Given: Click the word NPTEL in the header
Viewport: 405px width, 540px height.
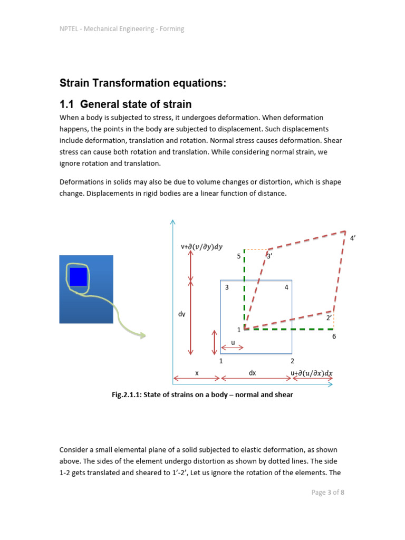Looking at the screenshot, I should pos(68,29).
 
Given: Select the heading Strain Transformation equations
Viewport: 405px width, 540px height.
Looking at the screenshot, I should pos(143,83).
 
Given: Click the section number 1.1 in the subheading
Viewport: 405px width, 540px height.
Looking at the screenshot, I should pos(67,104).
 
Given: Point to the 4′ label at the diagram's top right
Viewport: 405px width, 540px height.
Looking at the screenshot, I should pos(353,238).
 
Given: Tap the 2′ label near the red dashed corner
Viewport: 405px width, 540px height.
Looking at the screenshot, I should pos(329,318).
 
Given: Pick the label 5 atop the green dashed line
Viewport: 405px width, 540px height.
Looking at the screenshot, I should pos(238,256).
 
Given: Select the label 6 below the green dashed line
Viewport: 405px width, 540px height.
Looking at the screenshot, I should pos(334,336).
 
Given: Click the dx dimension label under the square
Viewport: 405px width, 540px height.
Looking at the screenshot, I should pos(252,373).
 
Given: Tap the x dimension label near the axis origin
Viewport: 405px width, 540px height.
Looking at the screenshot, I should pos(197,373).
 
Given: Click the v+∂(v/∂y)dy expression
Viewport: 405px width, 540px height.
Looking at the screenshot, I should pos(201,246).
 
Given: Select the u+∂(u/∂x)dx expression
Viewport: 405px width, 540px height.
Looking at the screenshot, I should pos(312,373).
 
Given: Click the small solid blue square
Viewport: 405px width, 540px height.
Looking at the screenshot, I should pos(78,277).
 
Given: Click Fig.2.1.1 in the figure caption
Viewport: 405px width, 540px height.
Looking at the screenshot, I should pos(126,394).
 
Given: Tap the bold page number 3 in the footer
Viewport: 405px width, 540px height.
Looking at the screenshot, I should pos(328,493).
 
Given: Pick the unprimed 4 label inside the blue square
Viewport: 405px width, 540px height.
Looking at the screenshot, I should pos(286,287).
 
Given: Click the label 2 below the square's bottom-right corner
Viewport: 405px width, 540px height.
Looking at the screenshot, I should pos(292,361).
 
